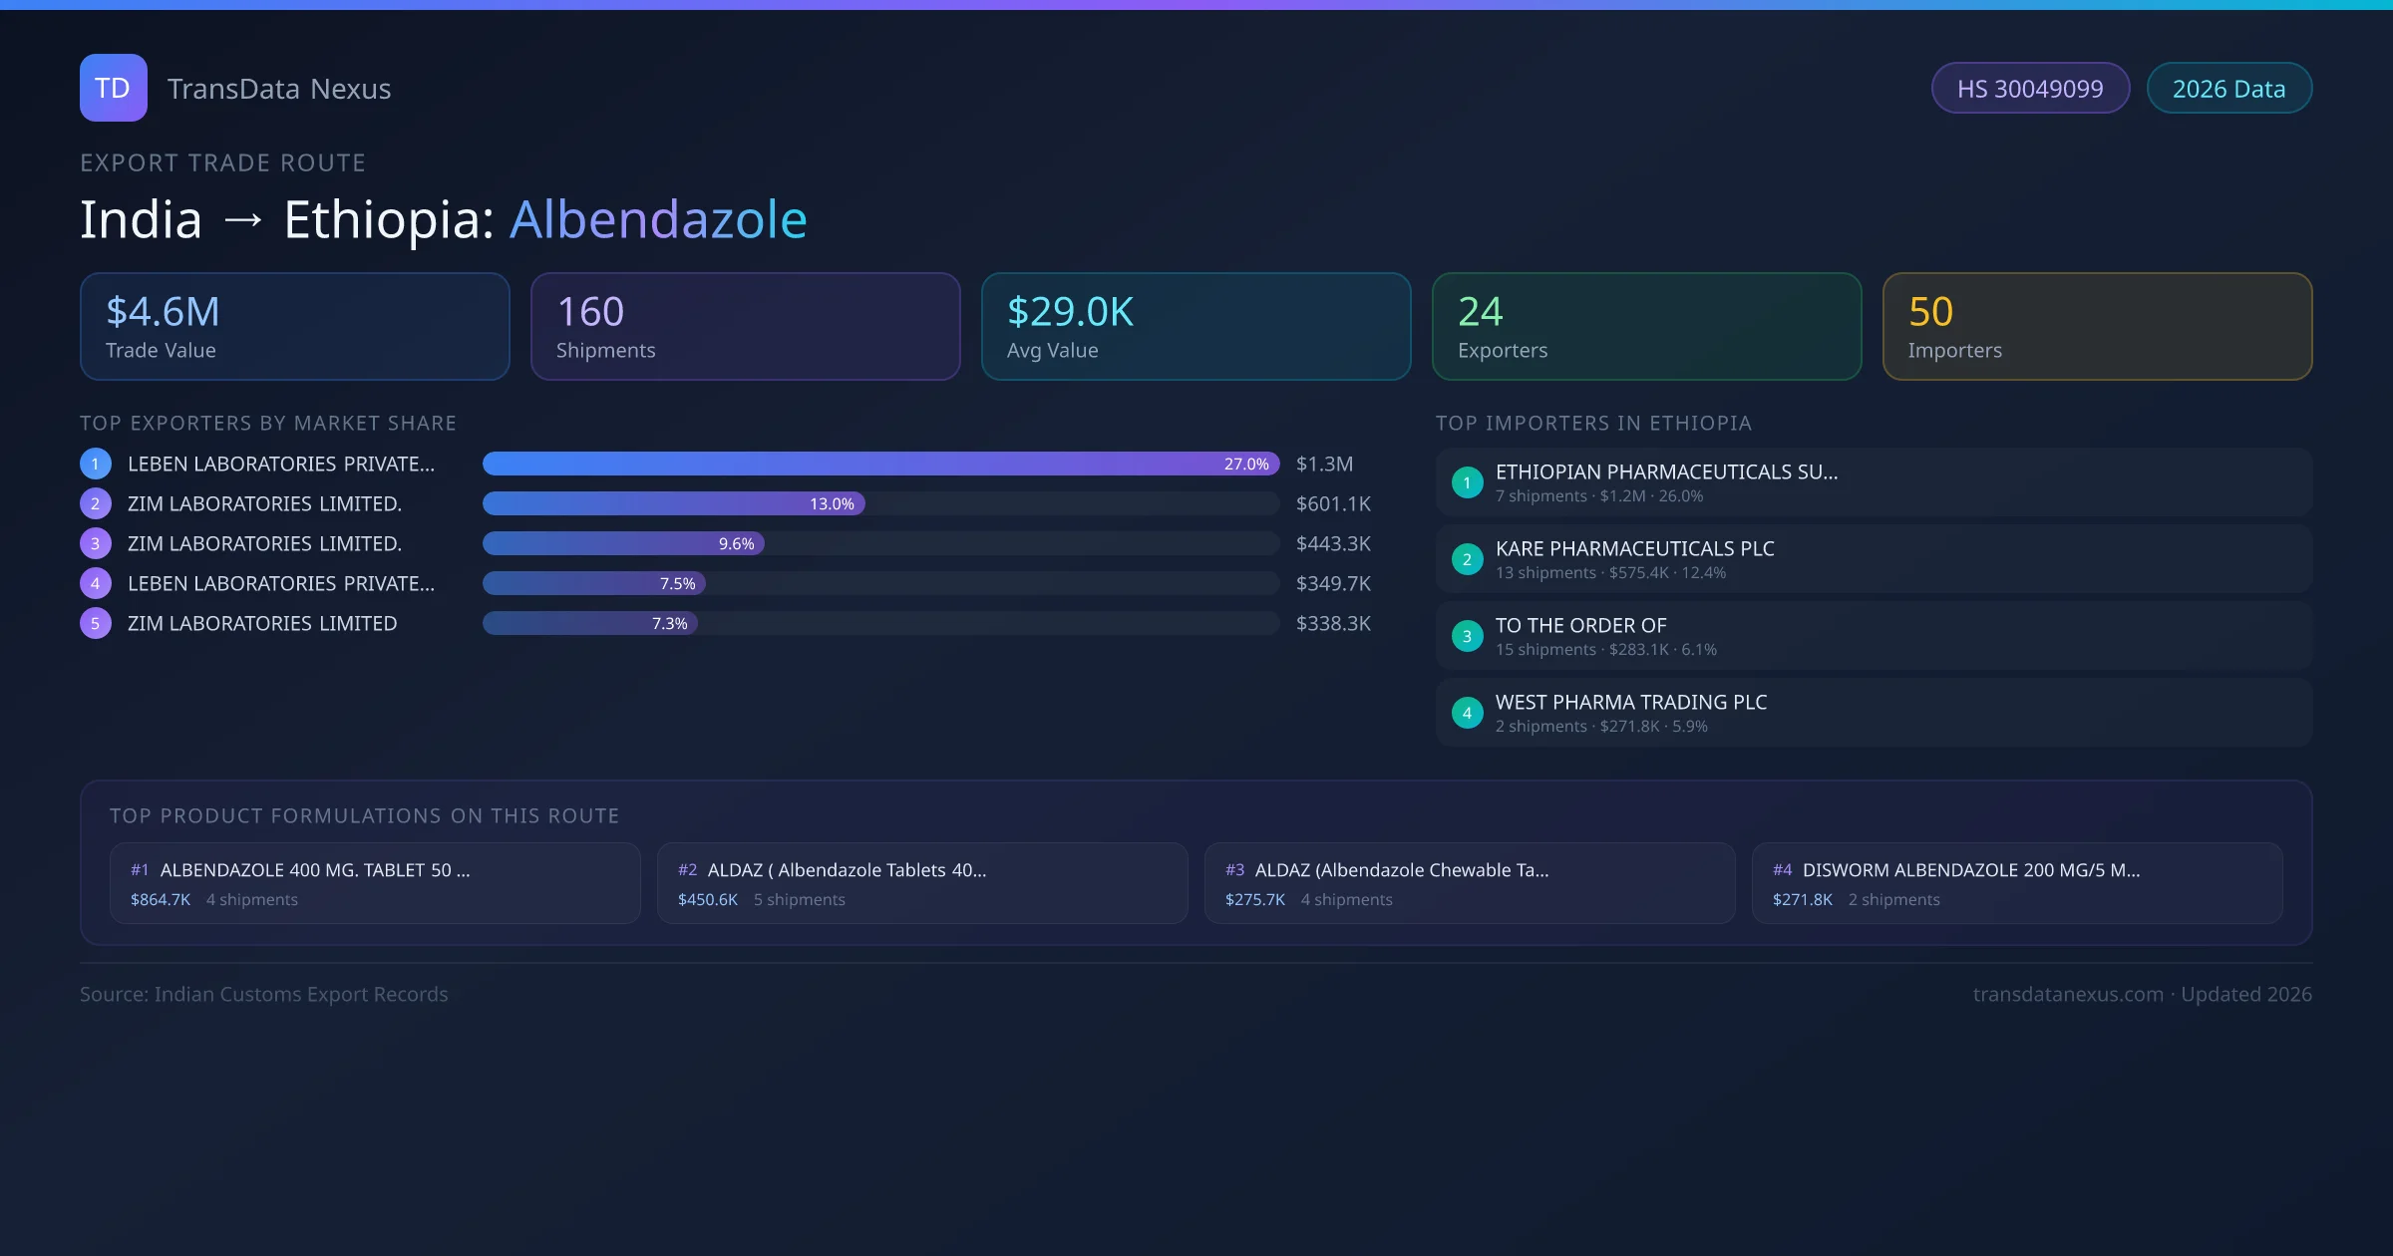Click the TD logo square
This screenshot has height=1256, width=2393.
tap(113, 88)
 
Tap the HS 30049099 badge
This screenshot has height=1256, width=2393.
tap(2030, 89)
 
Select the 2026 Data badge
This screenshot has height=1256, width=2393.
tap(2228, 89)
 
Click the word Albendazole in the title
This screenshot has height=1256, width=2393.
tap(658, 219)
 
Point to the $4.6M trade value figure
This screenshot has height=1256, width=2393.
tap(163, 312)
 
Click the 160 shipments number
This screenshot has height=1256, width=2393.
tap(590, 312)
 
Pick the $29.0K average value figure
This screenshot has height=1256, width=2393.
tap(1070, 312)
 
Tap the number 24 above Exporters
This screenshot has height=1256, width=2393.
tap(1480, 312)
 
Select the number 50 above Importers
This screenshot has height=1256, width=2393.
tap(1930, 312)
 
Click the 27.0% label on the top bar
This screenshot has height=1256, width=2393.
tap(1246, 465)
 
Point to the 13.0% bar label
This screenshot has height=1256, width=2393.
tap(832, 504)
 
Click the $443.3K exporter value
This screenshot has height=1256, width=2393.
tap(1333, 544)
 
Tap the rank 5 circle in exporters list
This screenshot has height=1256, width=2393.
tap(96, 624)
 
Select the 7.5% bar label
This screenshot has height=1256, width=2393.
tap(677, 584)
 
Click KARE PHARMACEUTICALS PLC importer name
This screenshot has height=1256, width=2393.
tap(1634, 549)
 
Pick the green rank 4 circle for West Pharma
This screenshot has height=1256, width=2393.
tap(1467, 713)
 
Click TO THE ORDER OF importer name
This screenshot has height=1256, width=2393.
tap(1580, 626)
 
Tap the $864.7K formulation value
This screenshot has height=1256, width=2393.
tap(161, 900)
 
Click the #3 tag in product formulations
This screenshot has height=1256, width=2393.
tap(1234, 870)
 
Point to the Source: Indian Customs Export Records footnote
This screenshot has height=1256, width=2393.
tap(264, 995)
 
